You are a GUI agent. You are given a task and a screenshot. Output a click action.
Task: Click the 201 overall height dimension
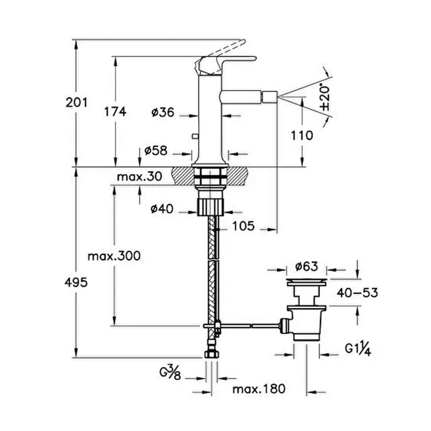77,103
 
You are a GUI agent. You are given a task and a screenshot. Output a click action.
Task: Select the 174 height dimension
115,111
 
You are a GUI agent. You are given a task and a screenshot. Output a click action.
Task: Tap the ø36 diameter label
163,112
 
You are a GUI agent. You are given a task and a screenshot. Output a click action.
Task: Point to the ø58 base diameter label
156,151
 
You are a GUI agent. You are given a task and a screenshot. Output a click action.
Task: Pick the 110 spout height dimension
302,136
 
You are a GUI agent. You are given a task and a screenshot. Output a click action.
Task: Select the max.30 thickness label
139,177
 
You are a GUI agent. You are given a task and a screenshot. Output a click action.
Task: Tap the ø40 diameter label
162,209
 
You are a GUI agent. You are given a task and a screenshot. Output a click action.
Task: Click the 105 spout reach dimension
243,226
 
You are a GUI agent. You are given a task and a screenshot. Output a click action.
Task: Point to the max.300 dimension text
114,256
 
